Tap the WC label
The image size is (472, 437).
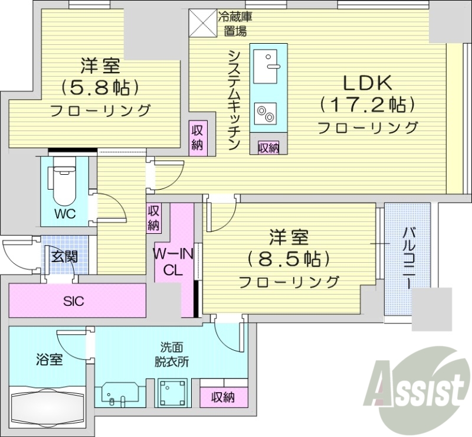[x=64, y=214]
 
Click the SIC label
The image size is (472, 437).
[x=74, y=301]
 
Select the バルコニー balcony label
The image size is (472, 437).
[x=407, y=257]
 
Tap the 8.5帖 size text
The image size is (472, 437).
[x=289, y=258]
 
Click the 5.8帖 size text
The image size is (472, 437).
[x=100, y=87]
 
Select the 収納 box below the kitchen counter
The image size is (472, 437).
[x=268, y=148]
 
